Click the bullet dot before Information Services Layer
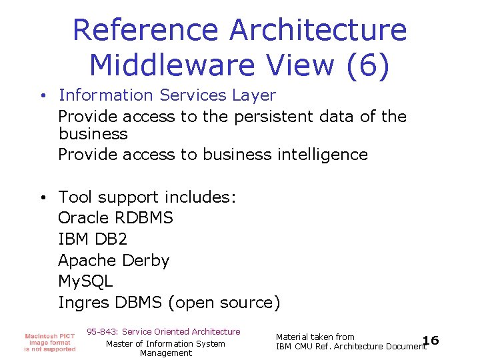point(42,96)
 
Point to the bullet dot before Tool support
point(42,197)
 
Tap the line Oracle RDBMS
point(115,218)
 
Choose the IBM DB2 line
point(93,239)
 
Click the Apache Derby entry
point(113,261)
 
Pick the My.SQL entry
point(85,281)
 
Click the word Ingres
point(83,303)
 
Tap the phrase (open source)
point(225,303)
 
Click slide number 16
point(431,341)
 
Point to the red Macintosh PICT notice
point(50,342)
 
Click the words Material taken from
point(315,337)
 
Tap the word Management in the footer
point(166,353)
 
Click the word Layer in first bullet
point(254,96)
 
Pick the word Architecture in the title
point(317,30)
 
